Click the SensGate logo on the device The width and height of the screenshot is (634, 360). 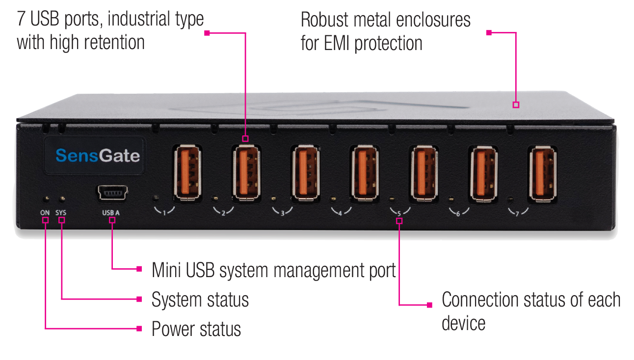pos(98,155)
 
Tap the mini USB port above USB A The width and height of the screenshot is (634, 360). pos(113,193)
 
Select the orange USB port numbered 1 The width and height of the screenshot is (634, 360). pos(187,173)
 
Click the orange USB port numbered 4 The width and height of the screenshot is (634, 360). pos(365,173)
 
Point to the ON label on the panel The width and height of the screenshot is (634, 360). pos(45,213)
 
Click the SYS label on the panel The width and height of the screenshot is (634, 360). pos(60,213)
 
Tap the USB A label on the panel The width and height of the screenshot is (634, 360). pos(111,213)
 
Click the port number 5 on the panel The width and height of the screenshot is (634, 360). pos(399,214)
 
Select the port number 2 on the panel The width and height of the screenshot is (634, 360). pos(223,213)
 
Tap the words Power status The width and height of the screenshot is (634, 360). pos(196,329)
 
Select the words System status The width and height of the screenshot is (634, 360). pos(200,300)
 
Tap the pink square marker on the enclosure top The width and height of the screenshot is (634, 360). pos(516,105)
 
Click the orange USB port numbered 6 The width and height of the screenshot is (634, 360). pos(483,174)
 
